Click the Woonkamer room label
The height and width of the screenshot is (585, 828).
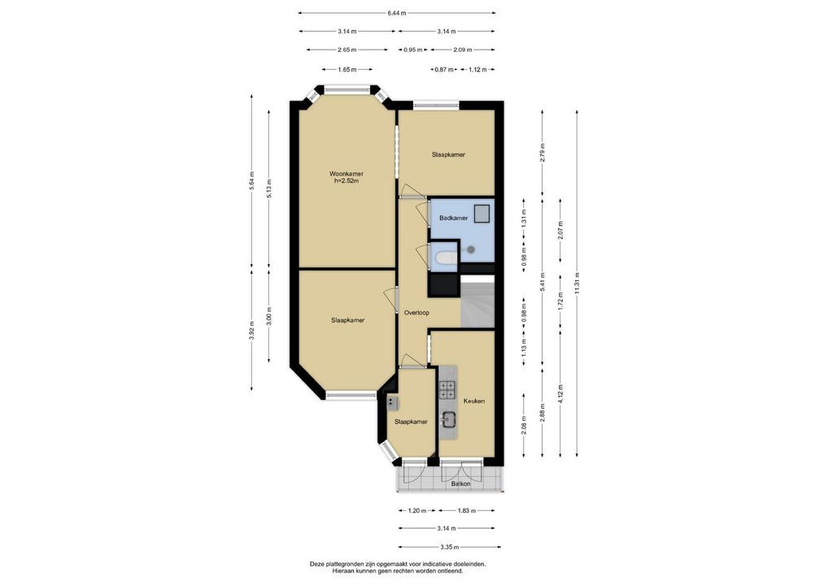346,174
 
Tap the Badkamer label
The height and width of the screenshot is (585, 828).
454,218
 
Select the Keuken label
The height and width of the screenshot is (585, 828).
473,401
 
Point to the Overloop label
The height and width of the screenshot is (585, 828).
416,313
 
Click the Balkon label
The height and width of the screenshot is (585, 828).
460,483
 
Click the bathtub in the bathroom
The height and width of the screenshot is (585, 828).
446,258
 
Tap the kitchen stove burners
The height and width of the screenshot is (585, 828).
447,389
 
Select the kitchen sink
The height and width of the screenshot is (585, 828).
449,419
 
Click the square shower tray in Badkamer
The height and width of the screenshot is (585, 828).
482,214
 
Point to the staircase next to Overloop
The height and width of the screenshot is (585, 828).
477,301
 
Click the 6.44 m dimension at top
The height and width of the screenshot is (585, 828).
397,13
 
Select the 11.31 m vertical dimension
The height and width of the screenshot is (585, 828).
577,284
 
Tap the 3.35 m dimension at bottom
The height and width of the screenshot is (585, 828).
450,547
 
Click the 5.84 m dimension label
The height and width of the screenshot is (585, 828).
252,181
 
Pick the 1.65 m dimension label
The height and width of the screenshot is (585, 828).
347,69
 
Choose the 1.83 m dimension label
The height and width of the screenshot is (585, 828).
466,510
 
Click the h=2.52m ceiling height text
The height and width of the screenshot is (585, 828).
346,181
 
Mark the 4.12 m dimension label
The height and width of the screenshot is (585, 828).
560,394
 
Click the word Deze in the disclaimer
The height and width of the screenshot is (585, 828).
316,564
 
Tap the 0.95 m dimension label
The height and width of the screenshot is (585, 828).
413,50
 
